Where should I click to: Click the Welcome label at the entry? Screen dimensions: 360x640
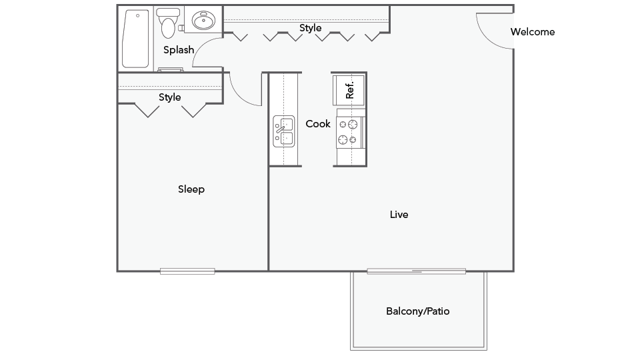click(532, 31)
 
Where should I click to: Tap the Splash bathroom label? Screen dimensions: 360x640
click(179, 49)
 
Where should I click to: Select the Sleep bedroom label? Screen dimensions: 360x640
click(191, 189)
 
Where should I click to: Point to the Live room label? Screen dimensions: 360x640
click(399, 215)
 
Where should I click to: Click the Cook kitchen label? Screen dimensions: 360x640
click(318, 123)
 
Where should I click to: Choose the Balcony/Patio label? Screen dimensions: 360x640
click(418, 311)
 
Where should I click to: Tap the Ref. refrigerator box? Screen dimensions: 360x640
click(349, 87)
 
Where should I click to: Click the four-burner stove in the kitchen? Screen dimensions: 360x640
click(349, 132)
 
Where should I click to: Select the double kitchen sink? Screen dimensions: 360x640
click(284, 131)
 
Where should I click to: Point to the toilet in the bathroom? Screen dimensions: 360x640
click(169, 24)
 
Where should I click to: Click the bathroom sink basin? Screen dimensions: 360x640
click(204, 21)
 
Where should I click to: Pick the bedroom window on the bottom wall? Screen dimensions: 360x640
click(187, 271)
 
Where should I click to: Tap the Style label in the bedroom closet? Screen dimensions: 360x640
click(169, 97)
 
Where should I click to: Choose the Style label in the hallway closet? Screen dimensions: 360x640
click(310, 28)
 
